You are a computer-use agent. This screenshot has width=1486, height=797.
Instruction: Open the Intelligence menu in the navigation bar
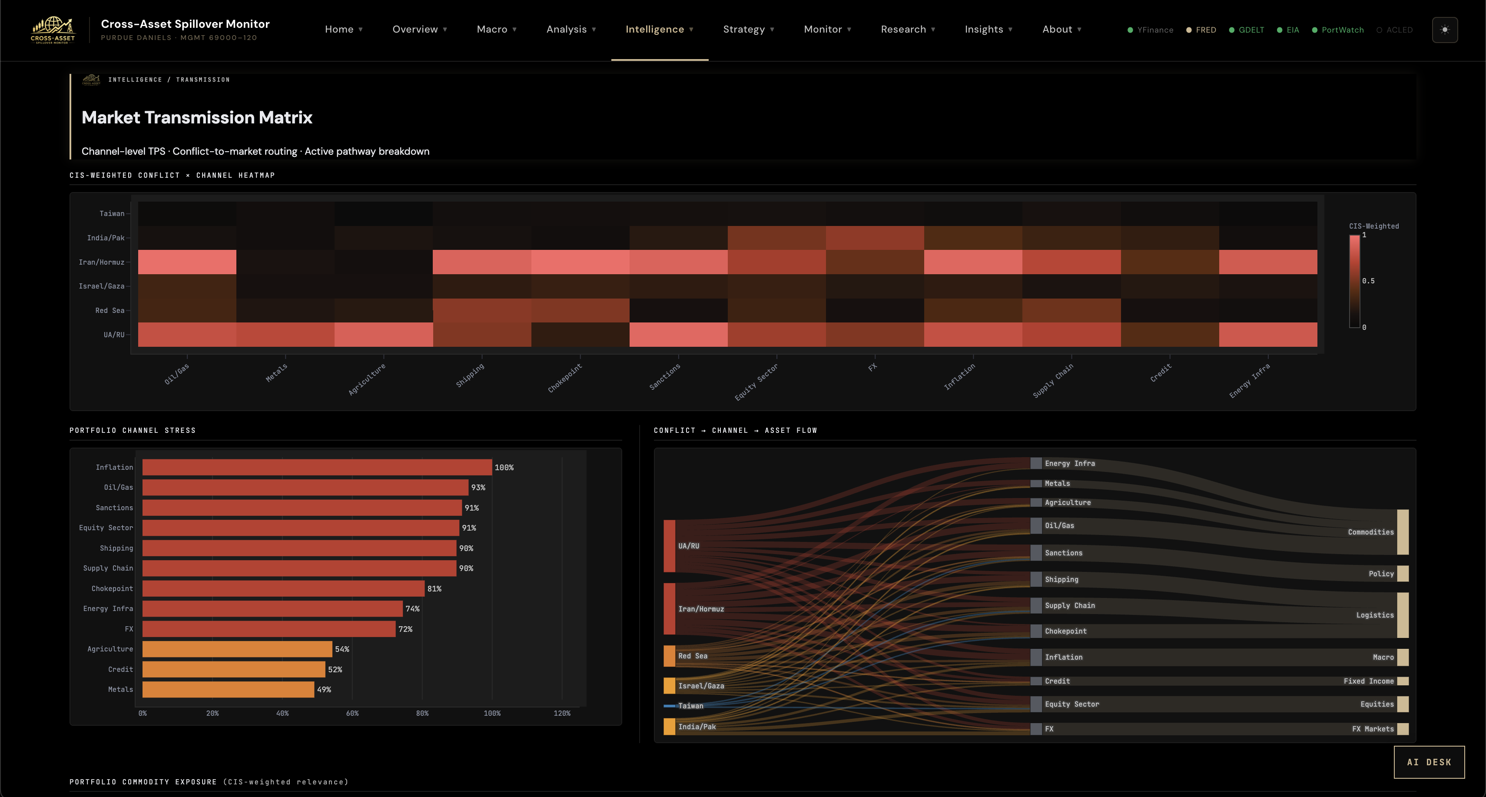pyautogui.click(x=659, y=30)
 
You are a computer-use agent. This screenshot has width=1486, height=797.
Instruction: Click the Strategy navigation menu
pyautogui.click(x=748, y=30)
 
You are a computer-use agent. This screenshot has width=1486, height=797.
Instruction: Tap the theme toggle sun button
pyautogui.click(x=1444, y=30)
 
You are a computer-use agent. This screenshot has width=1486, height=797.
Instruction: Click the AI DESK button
pyautogui.click(x=1429, y=762)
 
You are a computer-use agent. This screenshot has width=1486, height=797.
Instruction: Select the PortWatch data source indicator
pyautogui.click(x=1338, y=30)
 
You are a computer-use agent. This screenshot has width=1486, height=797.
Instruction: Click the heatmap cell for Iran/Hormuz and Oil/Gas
pyautogui.click(x=187, y=262)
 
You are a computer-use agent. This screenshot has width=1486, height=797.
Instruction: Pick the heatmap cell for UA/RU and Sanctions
pyautogui.click(x=678, y=335)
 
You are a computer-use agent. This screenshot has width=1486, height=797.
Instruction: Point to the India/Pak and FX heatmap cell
pyautogui.click(x=875, y=238)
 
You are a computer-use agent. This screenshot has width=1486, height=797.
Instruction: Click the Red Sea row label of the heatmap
pyautogui.click(x=109, y=310)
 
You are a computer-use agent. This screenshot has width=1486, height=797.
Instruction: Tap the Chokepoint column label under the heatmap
pyautogui.click(x=565, y=378)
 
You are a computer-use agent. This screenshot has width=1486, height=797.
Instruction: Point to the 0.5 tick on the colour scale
pyautogui.click(x=1368, y=281)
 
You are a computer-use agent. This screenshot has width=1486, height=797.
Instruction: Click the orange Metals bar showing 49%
pyautogui.click(x=229, y=690)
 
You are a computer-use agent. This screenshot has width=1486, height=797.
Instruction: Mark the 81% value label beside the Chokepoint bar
pyautogui.click(x=435, y=589)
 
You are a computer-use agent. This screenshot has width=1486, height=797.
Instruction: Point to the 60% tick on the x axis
pyautogui.click(x=352, y=713)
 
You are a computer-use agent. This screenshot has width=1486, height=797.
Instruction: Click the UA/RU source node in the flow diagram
pyautogui.click(x=669, y=546)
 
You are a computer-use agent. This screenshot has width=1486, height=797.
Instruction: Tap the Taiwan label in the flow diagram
pyautogui.click(x=690, y=706)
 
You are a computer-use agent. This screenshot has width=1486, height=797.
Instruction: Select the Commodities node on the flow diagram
pyautogui.click(x=1402, y=532)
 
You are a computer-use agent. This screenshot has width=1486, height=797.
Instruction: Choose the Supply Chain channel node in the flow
pyautogui.click(x=1036, y=605)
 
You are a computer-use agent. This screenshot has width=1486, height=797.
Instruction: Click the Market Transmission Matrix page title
pyautogui.click(x=197, y=118)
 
